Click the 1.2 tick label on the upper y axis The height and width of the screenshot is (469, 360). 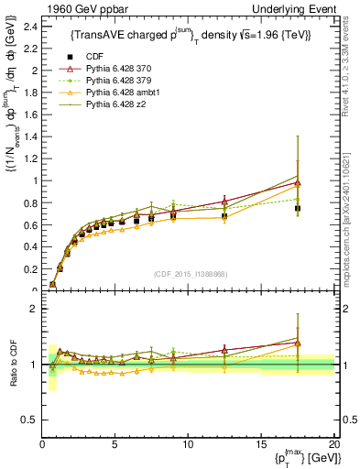click(x=28, y=158)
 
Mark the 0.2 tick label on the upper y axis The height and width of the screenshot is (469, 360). click(x=28, y=269)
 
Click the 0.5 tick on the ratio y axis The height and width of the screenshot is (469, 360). click(x=28, y=420)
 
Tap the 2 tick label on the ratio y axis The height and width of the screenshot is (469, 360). click(x=33, y=309)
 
